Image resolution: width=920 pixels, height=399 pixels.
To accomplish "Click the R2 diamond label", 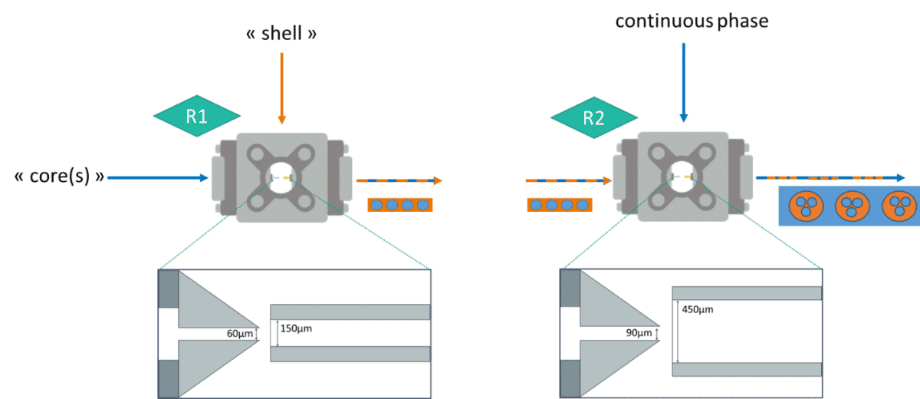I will tap(593, 118).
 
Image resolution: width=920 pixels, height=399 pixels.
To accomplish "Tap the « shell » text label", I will tap(281, 35).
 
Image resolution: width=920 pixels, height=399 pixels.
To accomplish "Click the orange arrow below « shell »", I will tap(281, 88).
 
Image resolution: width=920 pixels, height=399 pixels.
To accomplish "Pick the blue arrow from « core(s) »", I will tap(157, 178).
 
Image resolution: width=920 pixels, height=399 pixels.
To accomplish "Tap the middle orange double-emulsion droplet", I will tap(849, 205).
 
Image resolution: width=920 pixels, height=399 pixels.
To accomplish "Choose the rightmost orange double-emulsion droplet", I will tap(899, 205).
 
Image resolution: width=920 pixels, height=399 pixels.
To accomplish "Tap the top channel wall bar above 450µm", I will tap(746, 292).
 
